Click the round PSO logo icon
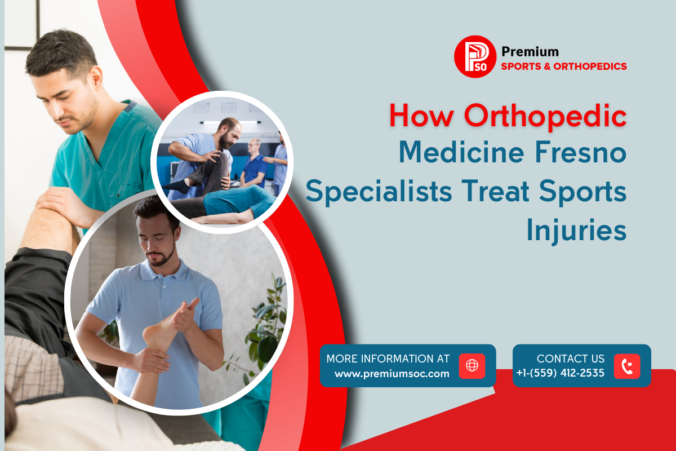(x=475, y=57)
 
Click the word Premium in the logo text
(x=530, y=52)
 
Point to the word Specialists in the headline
(x=379, y=191)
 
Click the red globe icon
(x=472, y=366)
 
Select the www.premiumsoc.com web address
(x=392, y=373)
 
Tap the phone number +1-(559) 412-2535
(x=560, y=373)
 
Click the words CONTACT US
(x=571, y=359)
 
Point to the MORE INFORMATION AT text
(x=388, y=359)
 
